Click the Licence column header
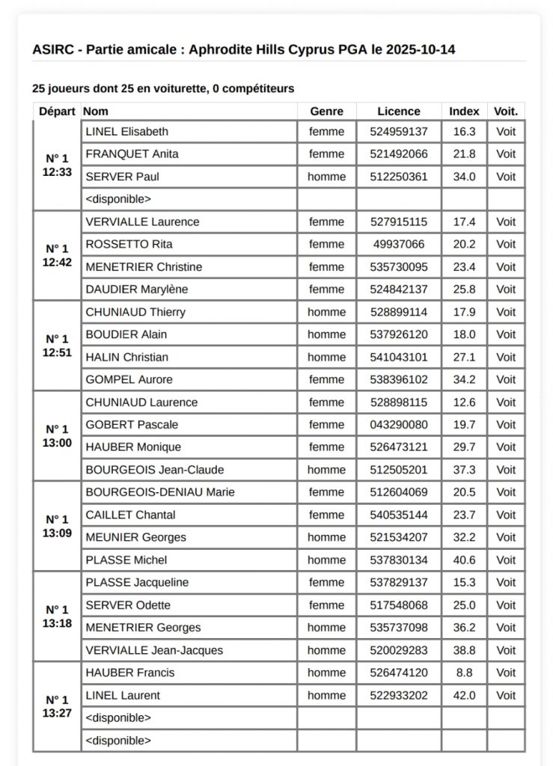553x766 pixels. [399, 111]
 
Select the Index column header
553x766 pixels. [464, 111]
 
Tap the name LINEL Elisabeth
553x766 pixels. [126, 132]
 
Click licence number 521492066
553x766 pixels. [399, 154]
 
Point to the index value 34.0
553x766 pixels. [464, 177]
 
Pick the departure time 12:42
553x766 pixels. [57, 263]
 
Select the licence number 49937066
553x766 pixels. [399, 244]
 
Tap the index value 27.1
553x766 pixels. [464, 357]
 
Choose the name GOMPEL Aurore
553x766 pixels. [129, 379]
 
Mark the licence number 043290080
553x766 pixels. [399, 424]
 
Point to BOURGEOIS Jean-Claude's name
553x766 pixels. [155, 470]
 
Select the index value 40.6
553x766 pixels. [464, 560]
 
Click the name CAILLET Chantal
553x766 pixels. [130, 515]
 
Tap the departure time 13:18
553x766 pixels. [57, 623]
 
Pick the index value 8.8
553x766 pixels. [464, 672]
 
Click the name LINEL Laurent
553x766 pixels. [123, 695]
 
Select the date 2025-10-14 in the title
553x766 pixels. [418, 49]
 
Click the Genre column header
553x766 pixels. [326, 111]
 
